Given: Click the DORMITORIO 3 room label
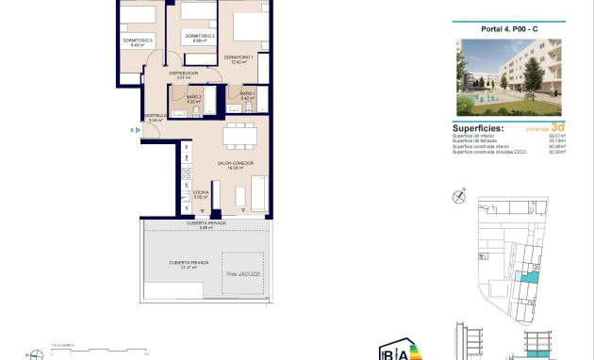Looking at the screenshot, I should (x=138, y=41).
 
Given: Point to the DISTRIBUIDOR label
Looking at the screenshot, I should (x=183, y=74).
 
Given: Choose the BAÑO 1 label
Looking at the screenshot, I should (x=247, y=94).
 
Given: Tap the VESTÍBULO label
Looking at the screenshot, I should (x=156, y=118).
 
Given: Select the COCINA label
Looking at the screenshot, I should (x=201, y=192).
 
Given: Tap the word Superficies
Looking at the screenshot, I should (x=478, y=128).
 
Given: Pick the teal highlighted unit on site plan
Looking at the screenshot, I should (x=530, y=272).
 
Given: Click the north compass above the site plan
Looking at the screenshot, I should (x=459, y=196).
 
